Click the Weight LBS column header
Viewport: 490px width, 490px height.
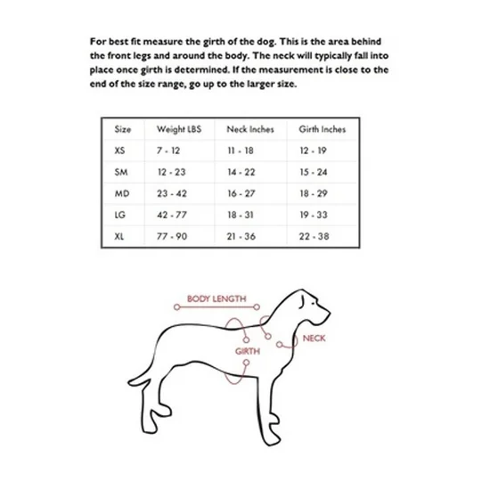(179, 129)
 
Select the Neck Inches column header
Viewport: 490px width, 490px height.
(250, 129)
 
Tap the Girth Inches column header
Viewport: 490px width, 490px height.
(323, 129)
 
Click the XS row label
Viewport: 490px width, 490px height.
(119, 151)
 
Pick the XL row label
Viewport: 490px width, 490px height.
(119, 236)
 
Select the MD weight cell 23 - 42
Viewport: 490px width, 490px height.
(172, 193)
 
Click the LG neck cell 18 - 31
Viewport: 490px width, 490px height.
(241, 215)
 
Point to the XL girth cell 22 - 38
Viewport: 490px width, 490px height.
(314, 236)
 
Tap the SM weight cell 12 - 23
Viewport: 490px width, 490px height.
(172, 172)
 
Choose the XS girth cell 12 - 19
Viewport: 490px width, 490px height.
(313, 151)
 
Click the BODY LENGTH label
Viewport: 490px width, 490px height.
(216, 298)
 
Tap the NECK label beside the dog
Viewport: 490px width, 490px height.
(314, 339)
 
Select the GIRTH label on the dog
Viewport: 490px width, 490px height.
(248, 351)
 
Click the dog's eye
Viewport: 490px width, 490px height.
(314, 303)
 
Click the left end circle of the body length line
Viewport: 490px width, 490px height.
(177, 307)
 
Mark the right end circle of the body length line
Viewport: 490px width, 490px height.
(257, 307)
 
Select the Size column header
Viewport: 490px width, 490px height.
(123, 129)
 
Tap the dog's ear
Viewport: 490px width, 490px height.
(301, 301)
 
